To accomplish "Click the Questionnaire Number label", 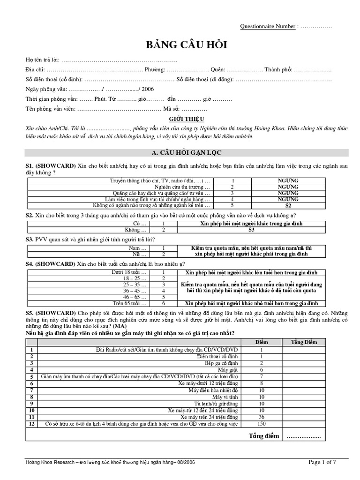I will click(268, 26).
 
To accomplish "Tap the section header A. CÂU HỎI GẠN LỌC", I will click(187, 153).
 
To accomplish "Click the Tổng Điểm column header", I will click(304, 342).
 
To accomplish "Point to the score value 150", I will click(262, 424).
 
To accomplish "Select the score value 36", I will click(262, 417).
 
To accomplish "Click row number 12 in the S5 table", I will click(32, 424).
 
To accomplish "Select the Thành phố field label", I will click(278, 69).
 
